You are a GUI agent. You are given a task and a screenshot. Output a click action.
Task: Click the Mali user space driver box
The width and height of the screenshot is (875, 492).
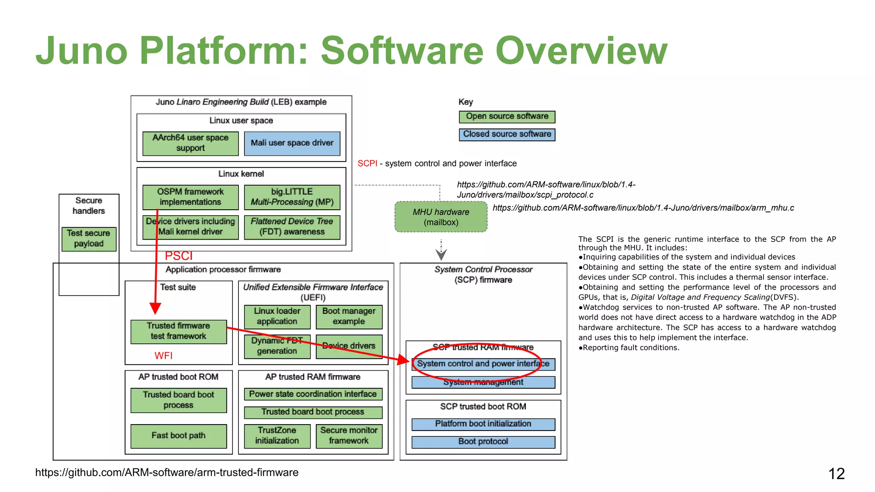point(292,143)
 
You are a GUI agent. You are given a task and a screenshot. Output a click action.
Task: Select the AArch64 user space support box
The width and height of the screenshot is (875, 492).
point(190,143)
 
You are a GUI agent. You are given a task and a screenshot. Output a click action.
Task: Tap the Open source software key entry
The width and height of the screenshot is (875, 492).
point(507,117)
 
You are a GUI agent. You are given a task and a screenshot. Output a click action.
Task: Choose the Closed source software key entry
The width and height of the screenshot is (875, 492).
point(507,134)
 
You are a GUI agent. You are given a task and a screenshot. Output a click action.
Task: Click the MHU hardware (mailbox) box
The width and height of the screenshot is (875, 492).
point(441,217)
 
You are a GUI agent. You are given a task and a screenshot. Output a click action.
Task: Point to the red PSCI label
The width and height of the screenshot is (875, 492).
point(179,256)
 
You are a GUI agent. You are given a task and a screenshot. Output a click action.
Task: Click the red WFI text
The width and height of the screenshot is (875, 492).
point(163,356)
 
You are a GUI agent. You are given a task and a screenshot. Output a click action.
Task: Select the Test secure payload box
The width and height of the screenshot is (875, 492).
point(88,239)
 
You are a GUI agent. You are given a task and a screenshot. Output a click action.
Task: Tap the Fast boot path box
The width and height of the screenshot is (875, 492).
point(178,436)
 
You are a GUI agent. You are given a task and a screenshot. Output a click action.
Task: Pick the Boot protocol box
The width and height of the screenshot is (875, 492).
point(483,442)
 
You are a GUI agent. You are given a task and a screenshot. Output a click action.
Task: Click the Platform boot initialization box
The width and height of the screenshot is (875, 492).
point(483,424)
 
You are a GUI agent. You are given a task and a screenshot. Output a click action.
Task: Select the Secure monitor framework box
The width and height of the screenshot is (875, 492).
point(349,436)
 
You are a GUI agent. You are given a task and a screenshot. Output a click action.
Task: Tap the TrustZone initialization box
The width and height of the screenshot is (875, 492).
point(277,436)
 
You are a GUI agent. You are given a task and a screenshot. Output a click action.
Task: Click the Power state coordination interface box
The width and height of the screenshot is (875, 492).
point(313,394)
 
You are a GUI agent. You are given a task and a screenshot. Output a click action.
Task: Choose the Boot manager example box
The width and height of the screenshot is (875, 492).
point(349,316)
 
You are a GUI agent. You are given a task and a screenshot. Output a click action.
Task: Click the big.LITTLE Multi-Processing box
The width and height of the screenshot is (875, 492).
point(292,197)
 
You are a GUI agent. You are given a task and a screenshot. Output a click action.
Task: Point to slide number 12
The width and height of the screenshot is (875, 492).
point(836,474)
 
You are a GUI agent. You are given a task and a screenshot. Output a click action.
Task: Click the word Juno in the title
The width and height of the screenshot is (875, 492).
point(82,51)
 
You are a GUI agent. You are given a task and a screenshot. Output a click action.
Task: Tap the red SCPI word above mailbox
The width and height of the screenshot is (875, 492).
point(367,164)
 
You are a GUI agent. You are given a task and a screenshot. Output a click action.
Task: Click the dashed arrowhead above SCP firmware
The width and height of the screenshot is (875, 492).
point(441,255)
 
